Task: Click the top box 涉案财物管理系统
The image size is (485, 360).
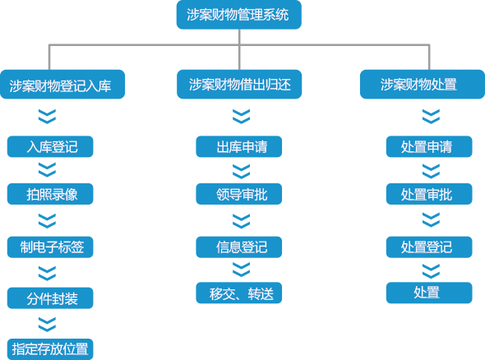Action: [238, 15]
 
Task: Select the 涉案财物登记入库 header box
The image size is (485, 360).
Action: [62, 84]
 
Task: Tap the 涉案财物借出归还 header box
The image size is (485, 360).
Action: [239, 84]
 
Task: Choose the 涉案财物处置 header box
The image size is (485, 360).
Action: [423, 84]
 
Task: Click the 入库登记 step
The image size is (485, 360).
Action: [50, 146]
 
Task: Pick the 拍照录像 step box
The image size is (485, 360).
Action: [50, 194]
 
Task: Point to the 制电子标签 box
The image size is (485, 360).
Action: [50, 247]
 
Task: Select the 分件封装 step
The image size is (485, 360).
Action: [50, 298]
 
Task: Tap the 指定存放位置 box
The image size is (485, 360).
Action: [50, 349]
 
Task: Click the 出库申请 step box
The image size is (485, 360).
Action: [238, 146]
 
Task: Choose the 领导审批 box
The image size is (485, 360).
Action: [238, 194]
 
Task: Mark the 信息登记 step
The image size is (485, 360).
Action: [238, 247]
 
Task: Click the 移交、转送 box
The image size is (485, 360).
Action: [238, 293]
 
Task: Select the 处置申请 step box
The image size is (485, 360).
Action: [429, 146]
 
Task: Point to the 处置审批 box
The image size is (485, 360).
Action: [429, 194]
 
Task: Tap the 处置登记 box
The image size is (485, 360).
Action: [429, 247]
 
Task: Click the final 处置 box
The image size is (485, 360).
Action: [429, 293]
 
